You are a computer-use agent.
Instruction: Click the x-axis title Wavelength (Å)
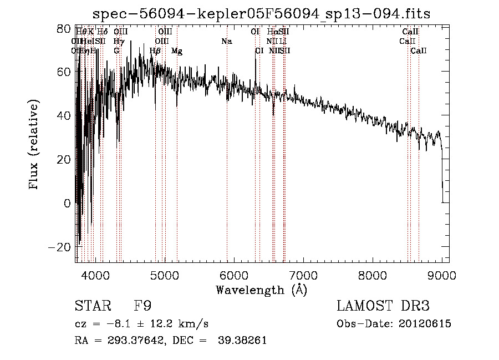261,290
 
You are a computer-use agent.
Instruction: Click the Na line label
226,41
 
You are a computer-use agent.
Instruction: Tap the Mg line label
177,51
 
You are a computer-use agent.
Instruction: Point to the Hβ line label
156,51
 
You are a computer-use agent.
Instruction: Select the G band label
116,51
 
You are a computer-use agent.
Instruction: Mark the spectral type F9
142,306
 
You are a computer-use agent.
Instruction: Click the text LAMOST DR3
383,306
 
